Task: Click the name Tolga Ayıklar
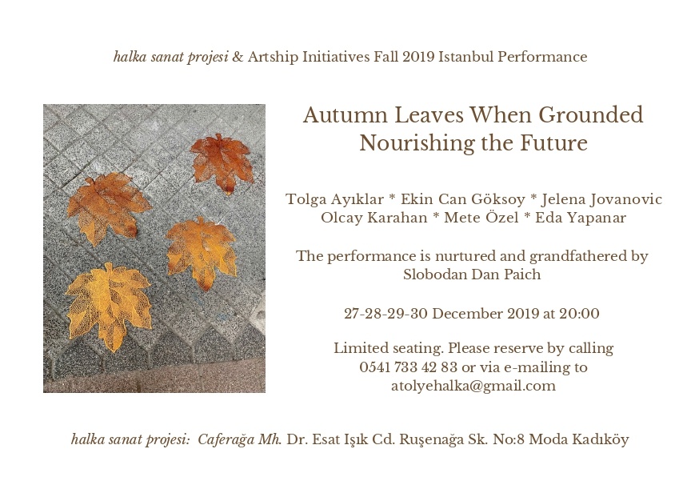334,199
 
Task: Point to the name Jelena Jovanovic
601,199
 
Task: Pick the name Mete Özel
481,217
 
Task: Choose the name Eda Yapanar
581,218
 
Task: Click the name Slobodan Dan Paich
472,274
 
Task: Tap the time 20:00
579,313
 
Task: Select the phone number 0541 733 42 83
409,367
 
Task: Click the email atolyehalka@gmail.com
473,386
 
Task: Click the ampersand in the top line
238,57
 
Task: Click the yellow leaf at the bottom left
108,305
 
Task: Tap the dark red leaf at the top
222,162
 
